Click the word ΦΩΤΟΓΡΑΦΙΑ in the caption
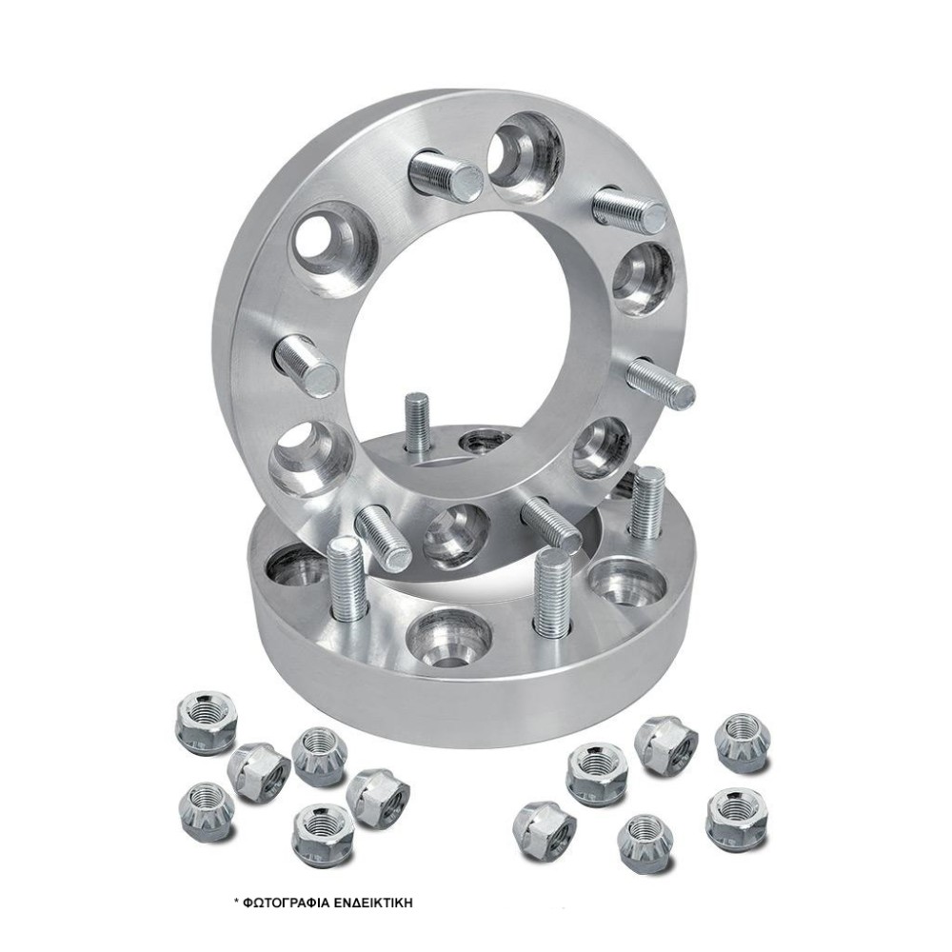pyautogui.click(x=283, y=902)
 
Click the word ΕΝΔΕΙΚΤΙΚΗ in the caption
pyautogui.click(x=369, y=902)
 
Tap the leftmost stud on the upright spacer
pyautogui.click(x=306, y=366)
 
